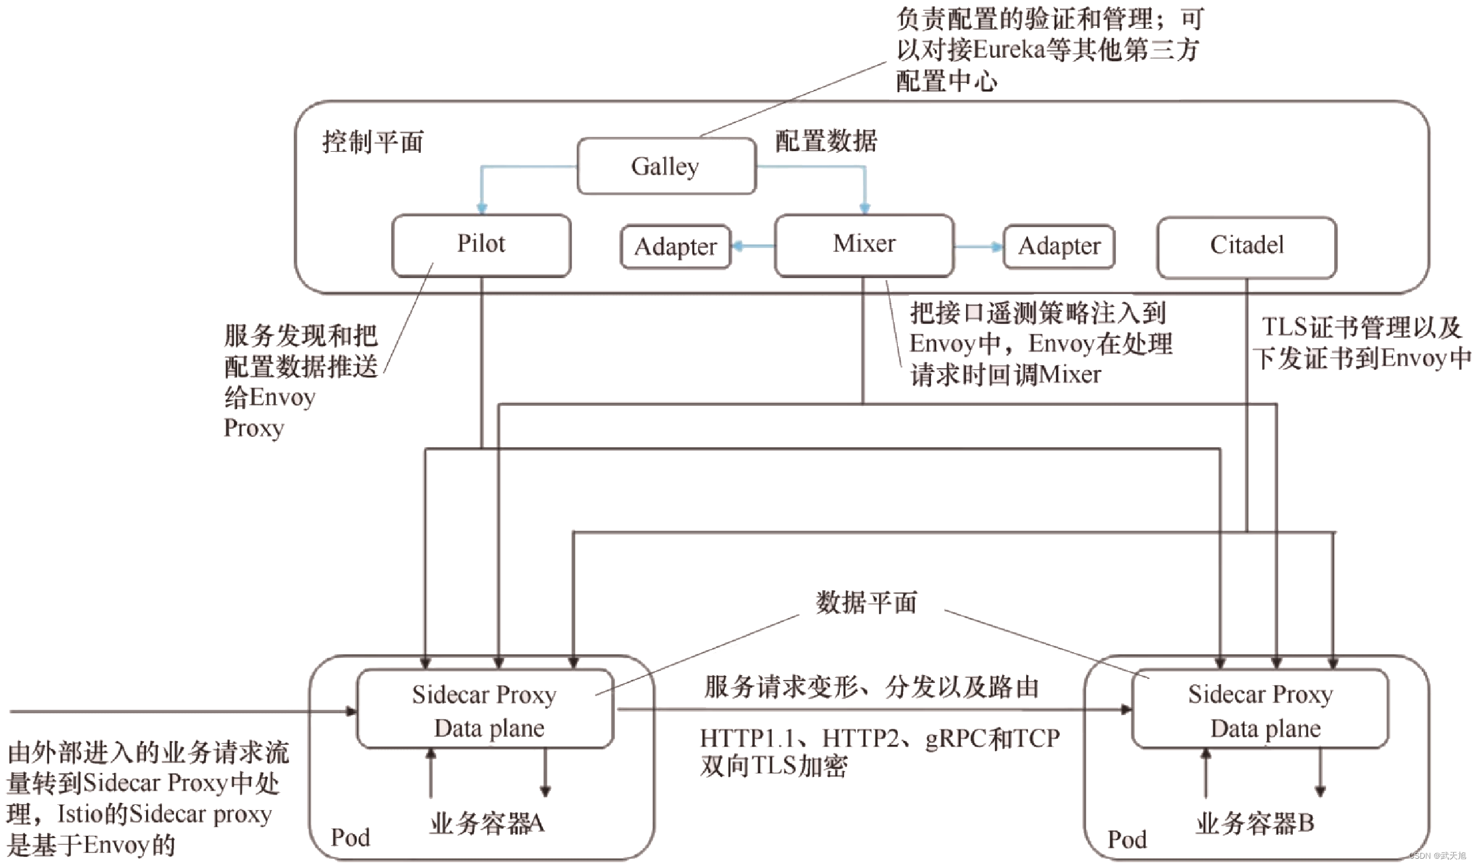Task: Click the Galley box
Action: pos(666,166)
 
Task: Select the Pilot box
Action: pos(481,244)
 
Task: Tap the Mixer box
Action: pos(864,244)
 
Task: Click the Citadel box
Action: pos(1247,246)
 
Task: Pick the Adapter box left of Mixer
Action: pos(676,247)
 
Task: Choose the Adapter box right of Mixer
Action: pos(1059,246)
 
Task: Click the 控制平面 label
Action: pos(373,142)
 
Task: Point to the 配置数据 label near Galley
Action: pos(826,141)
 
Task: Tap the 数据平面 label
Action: pos(867,603)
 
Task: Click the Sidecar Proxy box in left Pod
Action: pos(484,710)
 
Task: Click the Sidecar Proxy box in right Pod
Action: pos(1260,710)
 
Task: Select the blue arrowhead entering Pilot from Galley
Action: pos(482,208)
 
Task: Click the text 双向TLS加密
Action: pos(773,766)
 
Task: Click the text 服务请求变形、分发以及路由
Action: pos(871,687)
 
